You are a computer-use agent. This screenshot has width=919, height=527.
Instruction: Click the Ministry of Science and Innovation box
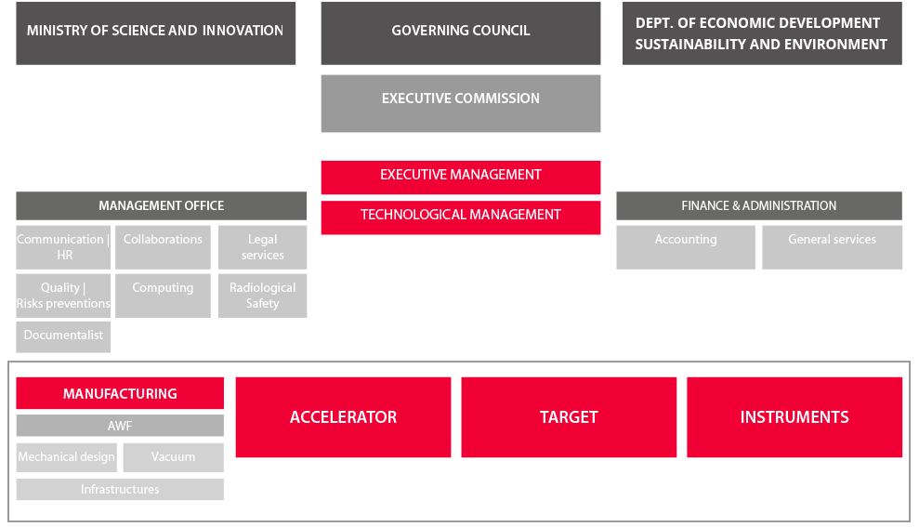click(x=156, y=33)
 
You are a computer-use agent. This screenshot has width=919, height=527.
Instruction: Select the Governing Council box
click(x=461, y=33)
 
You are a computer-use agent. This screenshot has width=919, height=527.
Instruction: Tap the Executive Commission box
click(x=461, y=103)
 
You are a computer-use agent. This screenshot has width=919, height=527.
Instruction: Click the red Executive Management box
click(x=461, y=177)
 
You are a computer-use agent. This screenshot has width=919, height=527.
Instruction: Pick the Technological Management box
click(x=461, y=217)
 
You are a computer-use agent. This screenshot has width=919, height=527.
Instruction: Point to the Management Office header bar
click(x=161, y=205)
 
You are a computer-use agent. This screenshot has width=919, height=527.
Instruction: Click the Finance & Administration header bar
click(x=759, y=205)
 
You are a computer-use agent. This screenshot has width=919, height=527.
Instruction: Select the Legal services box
click(x=263, y=247)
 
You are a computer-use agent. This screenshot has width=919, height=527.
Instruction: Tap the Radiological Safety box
click(x=263, y=296)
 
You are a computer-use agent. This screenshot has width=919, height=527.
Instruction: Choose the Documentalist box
click(x=63, y=336)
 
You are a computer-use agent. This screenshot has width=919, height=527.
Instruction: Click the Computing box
click(x=163, y=296)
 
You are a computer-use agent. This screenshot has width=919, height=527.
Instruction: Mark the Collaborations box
click(x=163, y=247)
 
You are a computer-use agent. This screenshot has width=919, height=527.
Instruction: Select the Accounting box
click(x=686, y=247)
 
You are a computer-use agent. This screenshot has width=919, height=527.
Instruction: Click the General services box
click(x=833, y=247)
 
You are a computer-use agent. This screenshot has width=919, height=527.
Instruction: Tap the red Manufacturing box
click(x=120, y=393)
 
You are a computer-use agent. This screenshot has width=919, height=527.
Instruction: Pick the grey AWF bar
click(x=120, y=426)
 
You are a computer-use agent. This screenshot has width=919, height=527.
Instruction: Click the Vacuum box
click(x=174, y=457)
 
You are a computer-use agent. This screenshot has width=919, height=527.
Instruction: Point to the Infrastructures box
click(x=120, y=490)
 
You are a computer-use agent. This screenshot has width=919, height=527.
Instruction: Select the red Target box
click(x=569, y=417)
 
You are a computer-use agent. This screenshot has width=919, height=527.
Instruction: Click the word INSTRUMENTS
click(x=794, y=417)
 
